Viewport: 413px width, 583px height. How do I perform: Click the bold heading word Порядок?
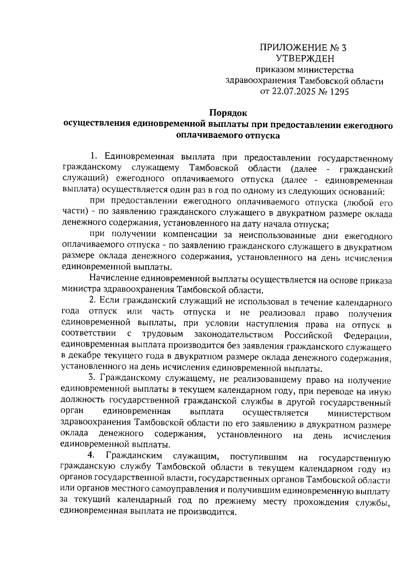(229, 112)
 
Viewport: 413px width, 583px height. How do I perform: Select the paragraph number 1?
(93, 157)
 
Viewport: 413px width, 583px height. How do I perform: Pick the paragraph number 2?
(92, 300)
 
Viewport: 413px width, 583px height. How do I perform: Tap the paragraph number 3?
(92, 377)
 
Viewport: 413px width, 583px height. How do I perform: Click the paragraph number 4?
(91, 455)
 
